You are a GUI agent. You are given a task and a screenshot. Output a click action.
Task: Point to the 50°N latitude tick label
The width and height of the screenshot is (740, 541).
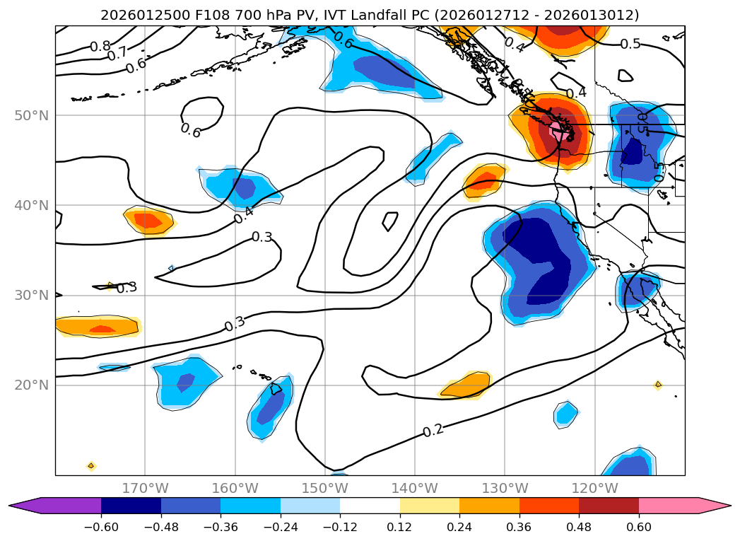(32, 115)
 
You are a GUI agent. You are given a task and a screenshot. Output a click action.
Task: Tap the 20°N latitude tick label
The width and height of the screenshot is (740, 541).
(32, 385)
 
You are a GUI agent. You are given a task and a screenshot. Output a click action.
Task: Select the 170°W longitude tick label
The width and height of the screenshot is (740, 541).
(145, 488)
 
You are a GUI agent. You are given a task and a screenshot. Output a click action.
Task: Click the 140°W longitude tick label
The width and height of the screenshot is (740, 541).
(414, 488)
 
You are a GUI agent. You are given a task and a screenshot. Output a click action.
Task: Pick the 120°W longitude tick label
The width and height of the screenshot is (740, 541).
(594, 488)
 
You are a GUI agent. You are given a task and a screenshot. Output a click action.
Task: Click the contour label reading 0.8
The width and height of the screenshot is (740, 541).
(100, 47)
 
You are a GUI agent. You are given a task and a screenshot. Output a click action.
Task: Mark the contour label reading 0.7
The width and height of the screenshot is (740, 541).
(117, 53)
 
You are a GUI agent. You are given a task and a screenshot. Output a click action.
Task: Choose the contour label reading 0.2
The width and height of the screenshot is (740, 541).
(433, 431)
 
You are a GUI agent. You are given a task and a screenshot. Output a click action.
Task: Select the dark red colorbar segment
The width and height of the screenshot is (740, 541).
(609, 506)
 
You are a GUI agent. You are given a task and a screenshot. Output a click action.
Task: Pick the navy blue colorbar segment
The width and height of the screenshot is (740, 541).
(131, 506)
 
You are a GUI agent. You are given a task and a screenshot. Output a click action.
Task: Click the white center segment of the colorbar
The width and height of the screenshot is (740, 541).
(370, 506)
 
